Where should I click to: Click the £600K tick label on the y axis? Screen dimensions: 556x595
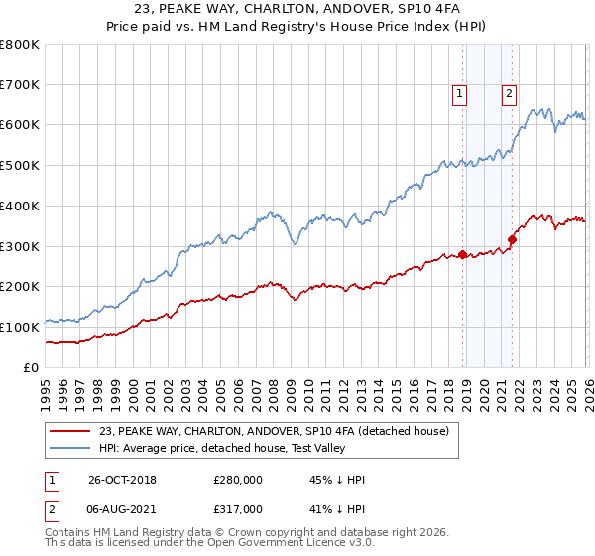click(x=20, y=125)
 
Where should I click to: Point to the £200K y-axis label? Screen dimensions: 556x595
click(x=20, y=287)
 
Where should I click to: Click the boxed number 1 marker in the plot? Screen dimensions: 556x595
click(x=461, y=94)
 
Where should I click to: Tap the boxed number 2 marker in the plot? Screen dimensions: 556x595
click(x=509, y=94)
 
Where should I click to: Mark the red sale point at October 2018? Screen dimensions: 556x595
click(x=462, y=254)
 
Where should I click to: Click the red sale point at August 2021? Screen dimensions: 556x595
click(x=512, y=239)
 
